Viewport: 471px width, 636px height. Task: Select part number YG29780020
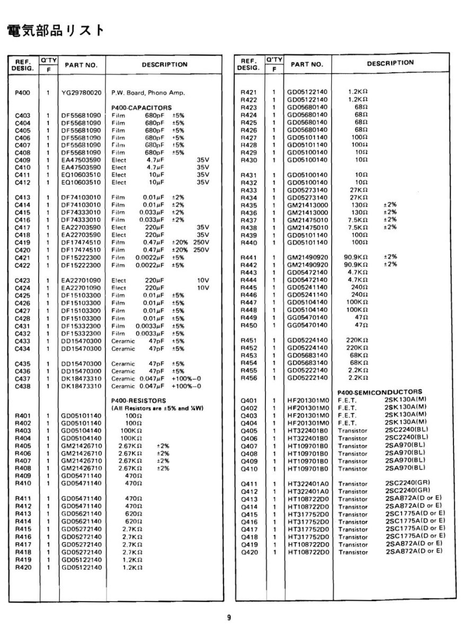tap(81, 93)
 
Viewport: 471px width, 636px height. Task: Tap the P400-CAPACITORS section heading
tap(142, 107)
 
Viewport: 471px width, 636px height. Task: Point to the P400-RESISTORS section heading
tap(139, 400)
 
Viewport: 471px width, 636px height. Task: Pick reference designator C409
tap(22, 160)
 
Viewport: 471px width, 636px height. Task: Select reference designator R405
tap(22, 446)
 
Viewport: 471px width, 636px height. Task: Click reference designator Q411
tap(248, 484)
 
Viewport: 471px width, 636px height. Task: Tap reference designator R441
tap(248, 257)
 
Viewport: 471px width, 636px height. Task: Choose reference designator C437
tap(22, 379)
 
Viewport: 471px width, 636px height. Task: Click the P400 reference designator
tap(22, 93)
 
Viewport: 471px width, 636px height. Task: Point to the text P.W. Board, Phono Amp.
tap(148, 93)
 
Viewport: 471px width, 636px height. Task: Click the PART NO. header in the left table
tap(81, 65)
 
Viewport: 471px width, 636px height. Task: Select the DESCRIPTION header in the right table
tap(390, 63)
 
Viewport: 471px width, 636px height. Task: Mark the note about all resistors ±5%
tap(157, 408)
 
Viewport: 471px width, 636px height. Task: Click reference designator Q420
tap(248, 552)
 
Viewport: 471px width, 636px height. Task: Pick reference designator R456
tap(248, 378)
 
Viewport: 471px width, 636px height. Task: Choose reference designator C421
tap(22, 258)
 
